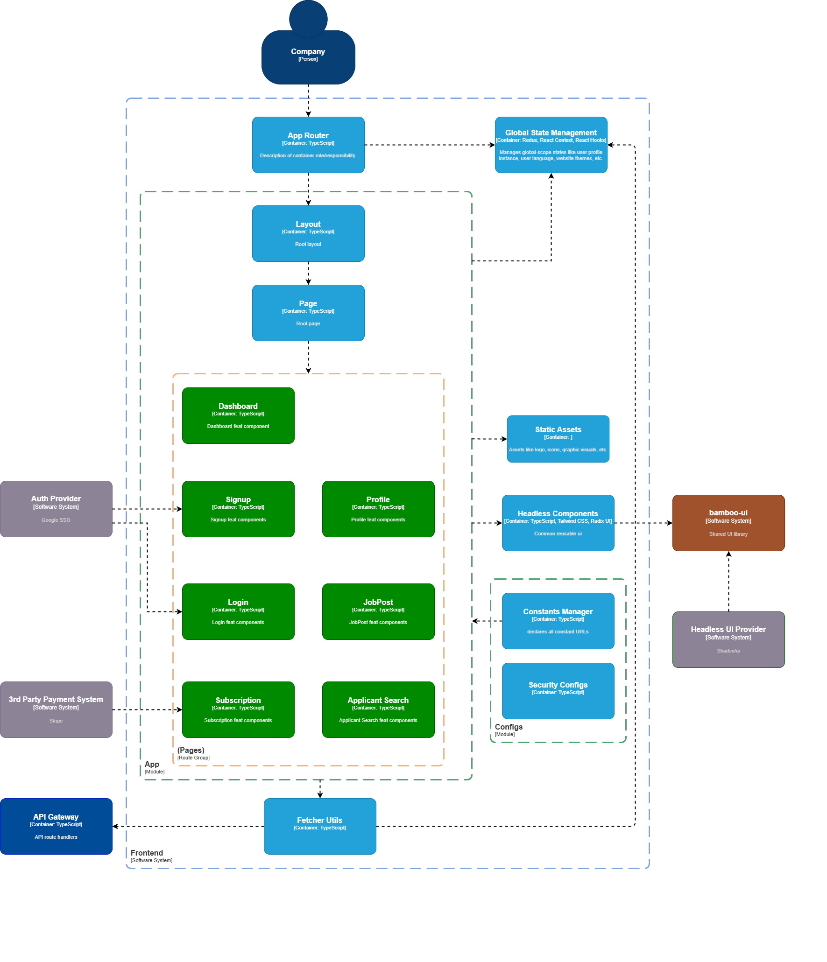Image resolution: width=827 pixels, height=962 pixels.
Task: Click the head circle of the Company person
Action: tap(308, 19)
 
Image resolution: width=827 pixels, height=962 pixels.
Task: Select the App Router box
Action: tap(308, 145)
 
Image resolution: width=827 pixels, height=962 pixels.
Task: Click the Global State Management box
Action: tap(551, 145)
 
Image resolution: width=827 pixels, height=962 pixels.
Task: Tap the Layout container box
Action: tap(308, 233)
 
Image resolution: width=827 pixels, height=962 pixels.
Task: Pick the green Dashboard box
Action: tap(238, 415)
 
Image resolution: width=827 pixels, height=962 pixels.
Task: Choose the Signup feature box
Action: tap(238, 509)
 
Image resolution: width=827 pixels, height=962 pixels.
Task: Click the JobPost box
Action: tap(378, 611)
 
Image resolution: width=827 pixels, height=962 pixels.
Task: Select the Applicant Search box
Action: tap(378, 709)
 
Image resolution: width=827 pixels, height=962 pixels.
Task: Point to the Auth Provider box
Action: tap(56, 509)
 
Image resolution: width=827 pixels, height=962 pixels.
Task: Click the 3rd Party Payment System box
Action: tap(56, 709)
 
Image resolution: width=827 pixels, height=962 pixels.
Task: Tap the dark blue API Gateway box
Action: tap(56, 826)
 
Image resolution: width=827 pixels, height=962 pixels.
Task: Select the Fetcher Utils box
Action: tap(320, 826)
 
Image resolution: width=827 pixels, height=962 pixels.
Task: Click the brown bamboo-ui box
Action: tap(728, 523)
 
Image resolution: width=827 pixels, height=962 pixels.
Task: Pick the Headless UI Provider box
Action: tap(728, 639)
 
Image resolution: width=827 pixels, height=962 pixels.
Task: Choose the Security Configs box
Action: tap(558, 691)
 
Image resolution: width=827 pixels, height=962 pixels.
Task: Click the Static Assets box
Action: tap(558, 439)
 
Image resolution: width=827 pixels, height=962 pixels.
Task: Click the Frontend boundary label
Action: tap(147, 853)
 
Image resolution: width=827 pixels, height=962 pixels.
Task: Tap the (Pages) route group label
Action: tap(191, 751)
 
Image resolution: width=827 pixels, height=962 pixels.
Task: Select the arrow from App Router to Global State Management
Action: tap(430, 145)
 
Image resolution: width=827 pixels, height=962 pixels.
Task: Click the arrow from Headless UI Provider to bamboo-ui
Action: tap(728, 581)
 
